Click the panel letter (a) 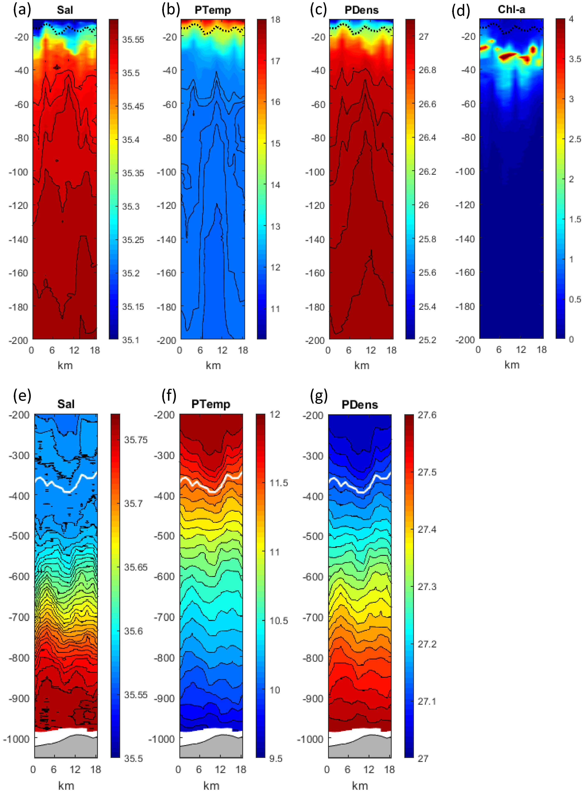pos(22,10)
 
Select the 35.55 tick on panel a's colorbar pos(133,39)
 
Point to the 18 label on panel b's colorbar pos(275,20)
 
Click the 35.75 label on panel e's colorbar pos(136,440)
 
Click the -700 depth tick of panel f pos(164,617)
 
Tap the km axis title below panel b pos(213,365)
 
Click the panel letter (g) pos(318,396)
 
